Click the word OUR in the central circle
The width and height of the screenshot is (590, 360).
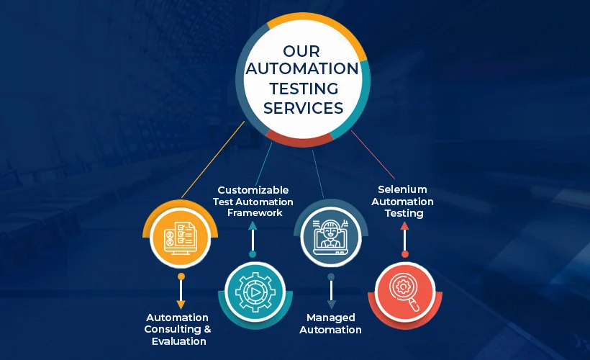click(301, 51)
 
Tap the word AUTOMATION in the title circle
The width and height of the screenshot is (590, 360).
click(302, 68)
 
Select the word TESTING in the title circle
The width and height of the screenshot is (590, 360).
click(304, 89)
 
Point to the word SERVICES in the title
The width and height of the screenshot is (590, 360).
click(304, 108)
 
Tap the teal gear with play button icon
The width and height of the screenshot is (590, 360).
click(255, 292)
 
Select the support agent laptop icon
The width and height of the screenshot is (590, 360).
click(330, 237)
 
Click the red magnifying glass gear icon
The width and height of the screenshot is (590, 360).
click(405, 292)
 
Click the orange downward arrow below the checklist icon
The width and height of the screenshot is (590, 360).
click(181, 291)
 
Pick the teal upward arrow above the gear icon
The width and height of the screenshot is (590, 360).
click(253, 240)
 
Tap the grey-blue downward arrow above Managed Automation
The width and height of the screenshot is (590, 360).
click(331, 291)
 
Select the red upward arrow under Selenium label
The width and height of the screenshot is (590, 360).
click(404, 240)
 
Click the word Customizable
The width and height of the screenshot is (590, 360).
click(253, 190)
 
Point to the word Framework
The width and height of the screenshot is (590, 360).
click(255, 213)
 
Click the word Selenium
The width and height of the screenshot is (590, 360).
click(402, 189)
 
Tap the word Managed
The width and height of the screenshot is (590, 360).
click(331, 318)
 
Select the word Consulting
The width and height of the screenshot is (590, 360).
click(173, 329)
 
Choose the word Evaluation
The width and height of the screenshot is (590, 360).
click(178, 341)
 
